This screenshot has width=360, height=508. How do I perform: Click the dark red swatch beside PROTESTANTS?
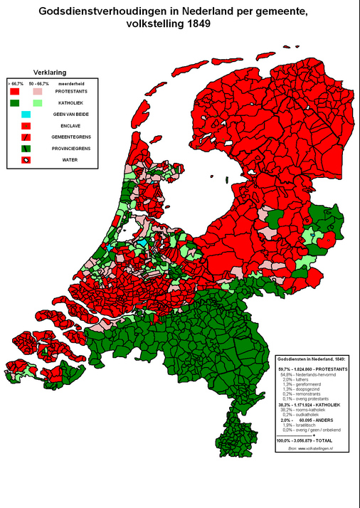tap(15, 92)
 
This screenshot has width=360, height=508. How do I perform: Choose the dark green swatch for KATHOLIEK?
tap(15, 103)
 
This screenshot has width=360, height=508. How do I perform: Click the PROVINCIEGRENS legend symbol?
tap(26, 148)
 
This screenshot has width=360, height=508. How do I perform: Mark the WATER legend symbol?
tap(26, 159)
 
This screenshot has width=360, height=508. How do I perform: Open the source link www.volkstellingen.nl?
tap(313, 449)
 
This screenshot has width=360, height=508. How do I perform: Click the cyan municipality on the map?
tap(144, 243)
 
